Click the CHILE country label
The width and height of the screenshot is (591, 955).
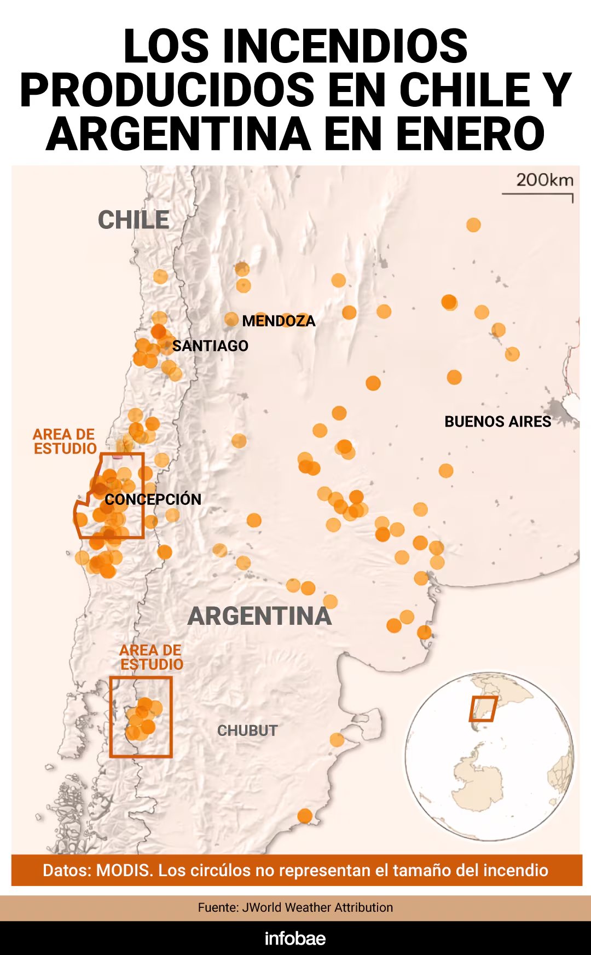(134, 220)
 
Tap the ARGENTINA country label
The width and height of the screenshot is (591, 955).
(259, 617)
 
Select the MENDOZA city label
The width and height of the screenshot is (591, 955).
(279, 321)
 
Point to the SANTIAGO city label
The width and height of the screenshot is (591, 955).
(210, 346)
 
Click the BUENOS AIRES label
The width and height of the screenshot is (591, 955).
(497, 422)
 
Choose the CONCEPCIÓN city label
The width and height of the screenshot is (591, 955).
(153, 499)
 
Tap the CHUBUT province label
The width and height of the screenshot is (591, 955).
(247, 730)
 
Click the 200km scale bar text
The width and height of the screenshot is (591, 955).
(544, 180)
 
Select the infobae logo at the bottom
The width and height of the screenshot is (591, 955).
(295, 938)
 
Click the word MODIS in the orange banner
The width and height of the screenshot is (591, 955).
(124, 870)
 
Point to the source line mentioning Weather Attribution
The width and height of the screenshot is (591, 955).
(296, 907)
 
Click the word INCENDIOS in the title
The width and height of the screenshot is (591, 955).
(345, 46)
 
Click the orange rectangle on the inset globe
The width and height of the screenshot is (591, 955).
(483, 709)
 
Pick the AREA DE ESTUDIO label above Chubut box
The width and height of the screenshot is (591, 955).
(152, 657)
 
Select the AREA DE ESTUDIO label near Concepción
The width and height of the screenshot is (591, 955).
(65, 441)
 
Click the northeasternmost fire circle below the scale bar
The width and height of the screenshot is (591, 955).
(473, 225)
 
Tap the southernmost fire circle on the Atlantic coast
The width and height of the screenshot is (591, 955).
(305, 816)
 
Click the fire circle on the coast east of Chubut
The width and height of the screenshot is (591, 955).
(337, 740)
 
